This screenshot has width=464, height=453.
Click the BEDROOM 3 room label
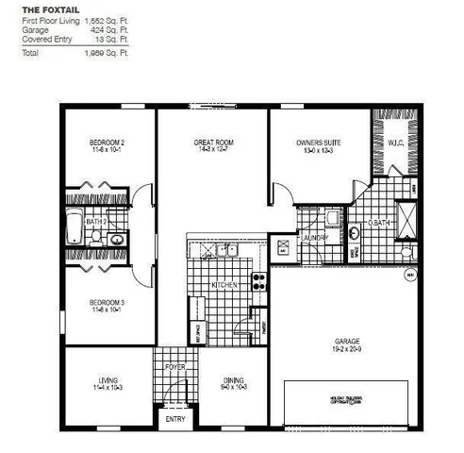click(95, 303)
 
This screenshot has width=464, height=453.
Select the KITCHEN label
click(224, 284)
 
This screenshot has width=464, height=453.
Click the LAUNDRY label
click(313, 237)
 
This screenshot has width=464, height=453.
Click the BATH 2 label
click(95, 222)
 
